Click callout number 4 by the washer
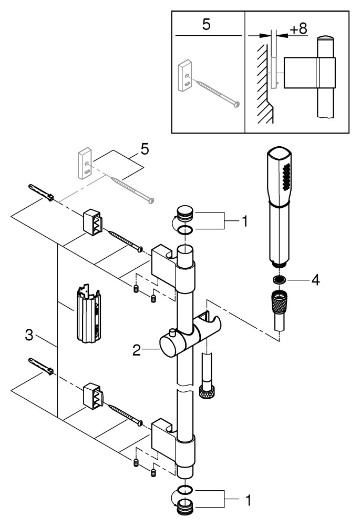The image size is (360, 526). (x=315, y=279)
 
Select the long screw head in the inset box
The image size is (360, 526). (x=236, y=104)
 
